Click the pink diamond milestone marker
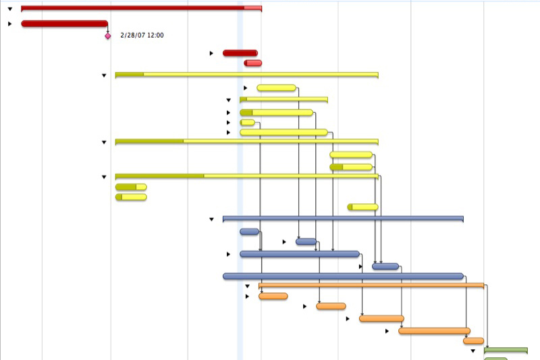coord(108,36)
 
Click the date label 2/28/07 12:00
coord(142,35)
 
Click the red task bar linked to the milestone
coord(64,24)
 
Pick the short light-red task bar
coord(253,63)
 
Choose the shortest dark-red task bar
coord(240,53)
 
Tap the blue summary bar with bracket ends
coord(343,219)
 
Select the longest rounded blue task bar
coord(343,276)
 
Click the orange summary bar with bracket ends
coord(371,286)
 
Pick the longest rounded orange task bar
coord(434,331)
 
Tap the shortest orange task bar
coord(473,341)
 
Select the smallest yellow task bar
coord(248,123)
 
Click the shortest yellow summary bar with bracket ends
coord(283,99)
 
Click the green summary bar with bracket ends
coord(506,350)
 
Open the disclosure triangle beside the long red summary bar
coord(10,9)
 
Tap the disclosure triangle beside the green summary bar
coord(473,351)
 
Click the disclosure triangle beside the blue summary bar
coord(211,220)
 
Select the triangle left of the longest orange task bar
coord(387,331)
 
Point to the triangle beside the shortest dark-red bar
coord(211,53)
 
